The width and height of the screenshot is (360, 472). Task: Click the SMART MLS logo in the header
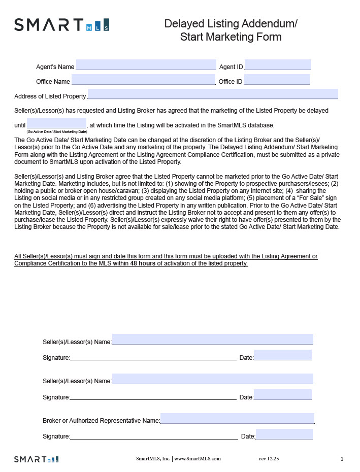click(61, 24)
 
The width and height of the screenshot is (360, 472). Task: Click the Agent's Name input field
click(146, 65)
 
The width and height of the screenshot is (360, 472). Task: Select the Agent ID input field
click(277, 65)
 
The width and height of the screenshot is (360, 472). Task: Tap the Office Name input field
click(143, 80)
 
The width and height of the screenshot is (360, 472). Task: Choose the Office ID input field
click(277, 80)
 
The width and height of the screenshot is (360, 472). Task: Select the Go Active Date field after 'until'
click(56, 124)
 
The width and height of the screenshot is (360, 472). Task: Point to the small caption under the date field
click(56, 131)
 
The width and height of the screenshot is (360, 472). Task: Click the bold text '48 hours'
click(143, 264)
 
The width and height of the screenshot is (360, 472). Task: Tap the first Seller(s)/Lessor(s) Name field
click(212, 340)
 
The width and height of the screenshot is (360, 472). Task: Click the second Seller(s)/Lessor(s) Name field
click(212, 379)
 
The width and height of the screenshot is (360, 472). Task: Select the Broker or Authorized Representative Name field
click(237, 419)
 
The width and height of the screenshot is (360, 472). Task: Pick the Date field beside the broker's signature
click(284, 434)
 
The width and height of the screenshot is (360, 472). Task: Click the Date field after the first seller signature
click(282, 355)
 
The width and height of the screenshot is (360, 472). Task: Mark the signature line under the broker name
click(154, 436)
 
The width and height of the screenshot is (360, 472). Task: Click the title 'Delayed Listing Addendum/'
click(231, 24)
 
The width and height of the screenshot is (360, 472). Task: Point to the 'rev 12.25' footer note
click(269, 459)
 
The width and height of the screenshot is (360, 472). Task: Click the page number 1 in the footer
click(342, 459)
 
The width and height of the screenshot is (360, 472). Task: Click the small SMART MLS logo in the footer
click(36, 459)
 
